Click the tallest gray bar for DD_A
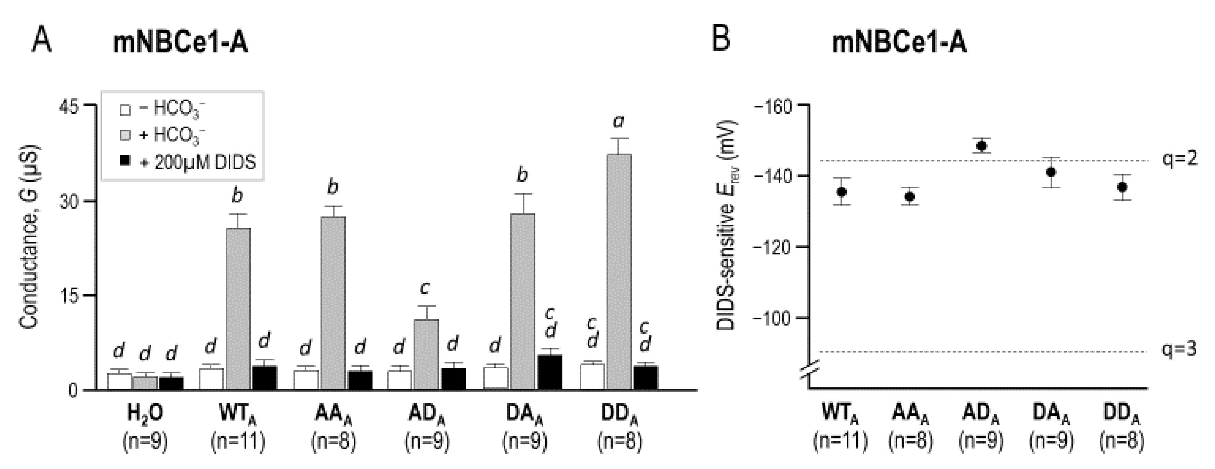619,271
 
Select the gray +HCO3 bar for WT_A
239,309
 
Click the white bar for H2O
119,381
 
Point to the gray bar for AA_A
333,303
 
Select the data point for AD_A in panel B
982,146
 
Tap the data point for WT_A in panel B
841,192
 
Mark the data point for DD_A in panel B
1123,187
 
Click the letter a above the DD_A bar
618,122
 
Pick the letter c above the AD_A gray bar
425,288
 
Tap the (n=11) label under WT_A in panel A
239,442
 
